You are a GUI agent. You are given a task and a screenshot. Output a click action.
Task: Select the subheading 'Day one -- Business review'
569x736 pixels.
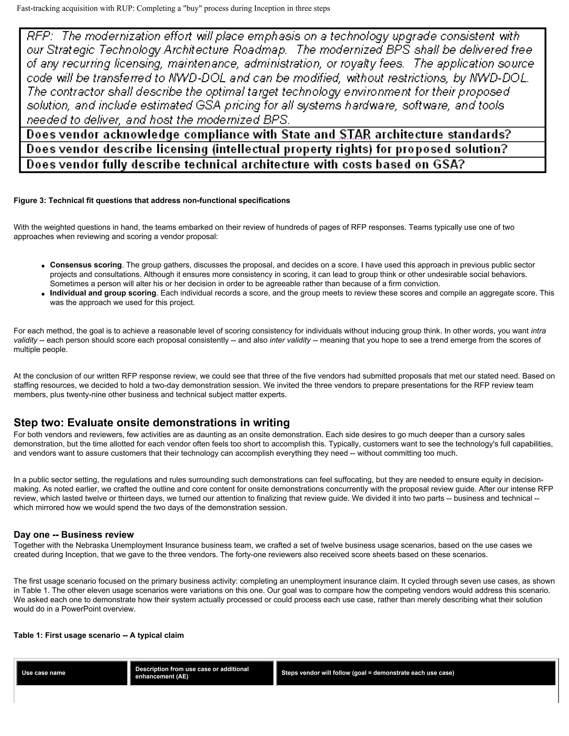[x=73, y=534]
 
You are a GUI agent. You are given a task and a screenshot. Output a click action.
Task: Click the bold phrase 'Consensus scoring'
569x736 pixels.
[x=86, y=265]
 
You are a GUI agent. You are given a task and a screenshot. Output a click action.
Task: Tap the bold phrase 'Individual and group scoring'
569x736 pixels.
[x=103, y=293]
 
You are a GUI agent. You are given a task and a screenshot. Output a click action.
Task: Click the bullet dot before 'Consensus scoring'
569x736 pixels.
[x=43, y=266]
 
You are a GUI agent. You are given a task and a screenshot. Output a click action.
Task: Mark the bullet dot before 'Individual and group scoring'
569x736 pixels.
[x=43, y=294]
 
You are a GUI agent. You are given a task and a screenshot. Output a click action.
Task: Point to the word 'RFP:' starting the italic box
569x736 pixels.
[x=40, y=36]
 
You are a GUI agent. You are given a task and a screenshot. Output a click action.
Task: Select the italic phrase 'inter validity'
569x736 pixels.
[x=290, y=340]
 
